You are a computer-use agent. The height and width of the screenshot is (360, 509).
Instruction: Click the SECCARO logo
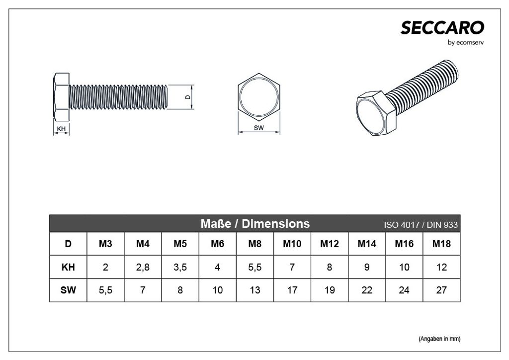click(442, 28)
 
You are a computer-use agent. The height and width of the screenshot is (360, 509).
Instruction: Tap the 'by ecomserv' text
click(466, 43)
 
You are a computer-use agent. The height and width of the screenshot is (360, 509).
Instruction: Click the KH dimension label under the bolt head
click(62, 129)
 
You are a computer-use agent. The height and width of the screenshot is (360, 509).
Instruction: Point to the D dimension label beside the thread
click(187, 97)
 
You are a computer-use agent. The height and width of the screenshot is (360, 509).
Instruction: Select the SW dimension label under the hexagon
click(258, 128)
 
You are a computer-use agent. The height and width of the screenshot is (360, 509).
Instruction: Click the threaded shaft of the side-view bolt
click(119, 97)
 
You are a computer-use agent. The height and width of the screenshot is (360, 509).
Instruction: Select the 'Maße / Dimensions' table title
click(254, 224)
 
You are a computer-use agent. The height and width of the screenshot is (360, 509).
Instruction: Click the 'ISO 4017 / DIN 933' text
click(421, 225)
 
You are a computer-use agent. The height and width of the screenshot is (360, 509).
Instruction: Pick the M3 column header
click(105, 244)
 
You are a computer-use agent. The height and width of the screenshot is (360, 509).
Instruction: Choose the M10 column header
click(292, 244)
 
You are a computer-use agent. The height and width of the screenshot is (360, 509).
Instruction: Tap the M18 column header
click(441, 244)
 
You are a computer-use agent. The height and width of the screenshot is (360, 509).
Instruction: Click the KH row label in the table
click(68, 268)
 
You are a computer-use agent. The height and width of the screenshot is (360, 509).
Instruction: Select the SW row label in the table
click(68, 290)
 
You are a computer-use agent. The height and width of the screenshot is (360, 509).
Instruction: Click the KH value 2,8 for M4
click(143, 268)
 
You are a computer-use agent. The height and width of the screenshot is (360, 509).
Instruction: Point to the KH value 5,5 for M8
click(255, 268)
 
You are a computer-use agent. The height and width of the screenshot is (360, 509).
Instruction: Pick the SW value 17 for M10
click(292, 290)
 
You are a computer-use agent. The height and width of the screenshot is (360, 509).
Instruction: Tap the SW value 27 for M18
click(441, 290)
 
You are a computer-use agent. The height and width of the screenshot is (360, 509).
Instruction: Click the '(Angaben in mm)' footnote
click(439, 339)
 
